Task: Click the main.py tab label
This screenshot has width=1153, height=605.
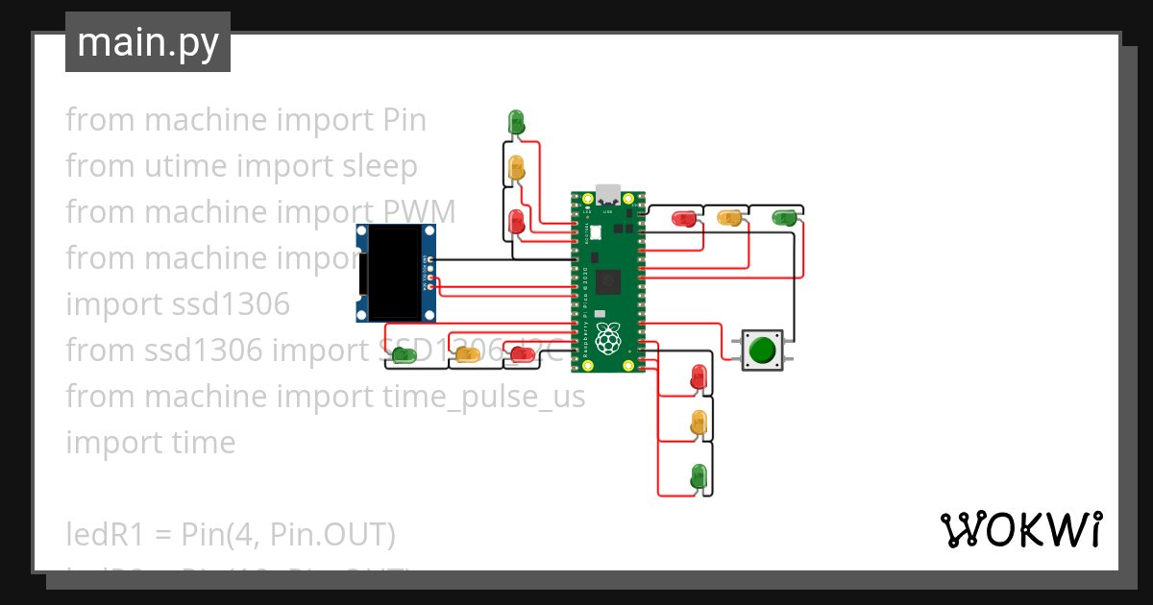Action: pos(147,42)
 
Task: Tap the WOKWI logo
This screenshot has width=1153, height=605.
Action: pos(1019,529)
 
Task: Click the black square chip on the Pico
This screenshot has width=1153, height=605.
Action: pos(607,281)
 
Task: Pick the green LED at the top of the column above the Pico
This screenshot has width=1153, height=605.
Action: pos(516,121)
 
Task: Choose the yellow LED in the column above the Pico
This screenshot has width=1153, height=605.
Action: pos(516,167)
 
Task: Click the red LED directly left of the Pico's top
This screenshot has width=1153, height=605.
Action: pos(516,220)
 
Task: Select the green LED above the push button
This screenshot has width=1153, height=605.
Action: pos(785,218)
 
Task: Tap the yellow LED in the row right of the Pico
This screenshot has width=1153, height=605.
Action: pos(730,218)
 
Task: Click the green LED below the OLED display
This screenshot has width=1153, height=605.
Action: pos(405,355)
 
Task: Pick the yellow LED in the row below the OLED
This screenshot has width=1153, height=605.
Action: pos(467,355)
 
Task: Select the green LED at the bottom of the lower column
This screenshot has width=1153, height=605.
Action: pos(699,474)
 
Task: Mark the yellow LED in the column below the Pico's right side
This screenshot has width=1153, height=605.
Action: pos(699,421)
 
